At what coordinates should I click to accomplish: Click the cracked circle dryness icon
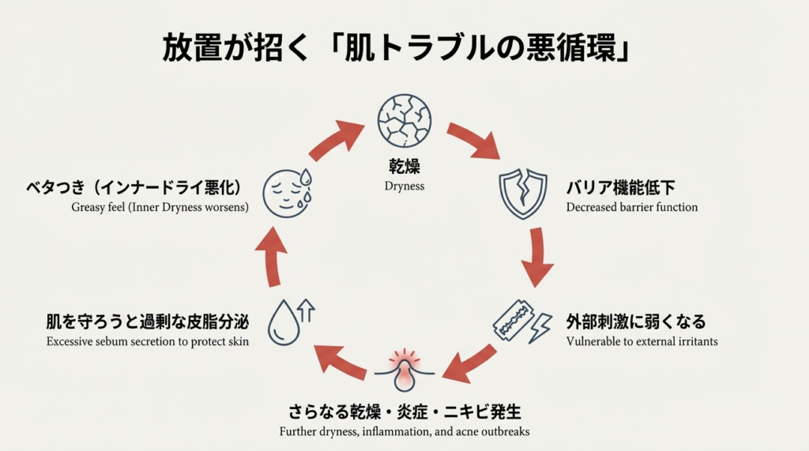404,120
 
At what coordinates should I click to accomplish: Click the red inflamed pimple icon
404,370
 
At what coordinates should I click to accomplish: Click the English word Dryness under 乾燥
404,186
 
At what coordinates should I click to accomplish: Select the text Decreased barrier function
632,208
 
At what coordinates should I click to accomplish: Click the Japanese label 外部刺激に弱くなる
636,322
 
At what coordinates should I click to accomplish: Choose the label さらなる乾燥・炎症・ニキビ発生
404,413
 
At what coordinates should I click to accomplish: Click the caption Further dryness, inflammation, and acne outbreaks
404,432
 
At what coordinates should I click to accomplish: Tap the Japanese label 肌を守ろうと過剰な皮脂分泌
148,322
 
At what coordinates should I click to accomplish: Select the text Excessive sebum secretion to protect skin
148,341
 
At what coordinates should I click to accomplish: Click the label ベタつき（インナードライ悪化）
134,189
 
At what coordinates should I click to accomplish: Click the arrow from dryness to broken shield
473,140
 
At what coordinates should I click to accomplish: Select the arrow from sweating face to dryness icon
335,140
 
